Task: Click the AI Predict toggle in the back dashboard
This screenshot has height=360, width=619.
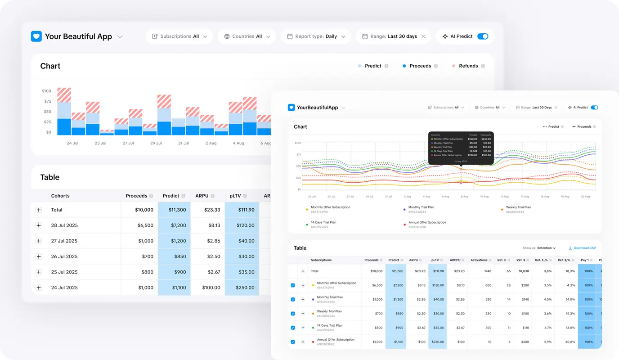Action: pyautogui.click(x=482, y=36)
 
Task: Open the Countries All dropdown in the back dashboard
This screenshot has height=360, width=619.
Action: pyautogui.click(x=247, y=36)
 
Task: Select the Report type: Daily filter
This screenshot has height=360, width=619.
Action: pyautogui.click(x=316, y=36)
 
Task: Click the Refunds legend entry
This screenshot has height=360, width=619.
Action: pyautogui.click(x=468, y=66)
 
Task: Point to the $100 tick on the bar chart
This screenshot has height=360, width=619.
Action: pyautogui.click(x=46, y=91)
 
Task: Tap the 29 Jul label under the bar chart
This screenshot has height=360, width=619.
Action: pyautogui.click(x=156, y=143)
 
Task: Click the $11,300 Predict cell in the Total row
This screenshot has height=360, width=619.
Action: pyautogui.click(x=174, y=210)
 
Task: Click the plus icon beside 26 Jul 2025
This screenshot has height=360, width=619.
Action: pyautogui.click(x=39, y=256)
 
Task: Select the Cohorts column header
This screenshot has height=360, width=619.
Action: pyautogui.click(x=60, y=196)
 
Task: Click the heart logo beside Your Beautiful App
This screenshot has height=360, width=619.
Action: pyautogui.click(x=36, y=36)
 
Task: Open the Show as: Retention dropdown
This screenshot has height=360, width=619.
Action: pyautogui.click(x=539, y=248)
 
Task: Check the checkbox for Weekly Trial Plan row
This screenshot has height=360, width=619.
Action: pyautogui.click(x=293, y=314)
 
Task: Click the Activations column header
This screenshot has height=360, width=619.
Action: pyautogui.click(x=479, y=260)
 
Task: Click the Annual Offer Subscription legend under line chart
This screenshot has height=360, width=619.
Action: pyautogui.click(x=427, y=222)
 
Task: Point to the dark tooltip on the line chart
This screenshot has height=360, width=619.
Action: pyautogui.click(x=461, y=148)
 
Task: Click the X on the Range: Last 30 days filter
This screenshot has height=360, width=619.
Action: pyautogui.click(x=423, y=36)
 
